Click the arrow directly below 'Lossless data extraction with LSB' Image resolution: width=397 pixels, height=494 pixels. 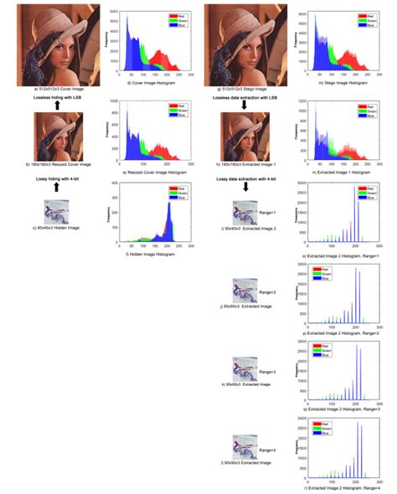[243, 106]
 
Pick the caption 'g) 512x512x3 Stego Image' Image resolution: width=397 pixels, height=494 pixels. [242, 86]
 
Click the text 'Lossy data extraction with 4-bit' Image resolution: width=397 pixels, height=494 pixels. [243, 180]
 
